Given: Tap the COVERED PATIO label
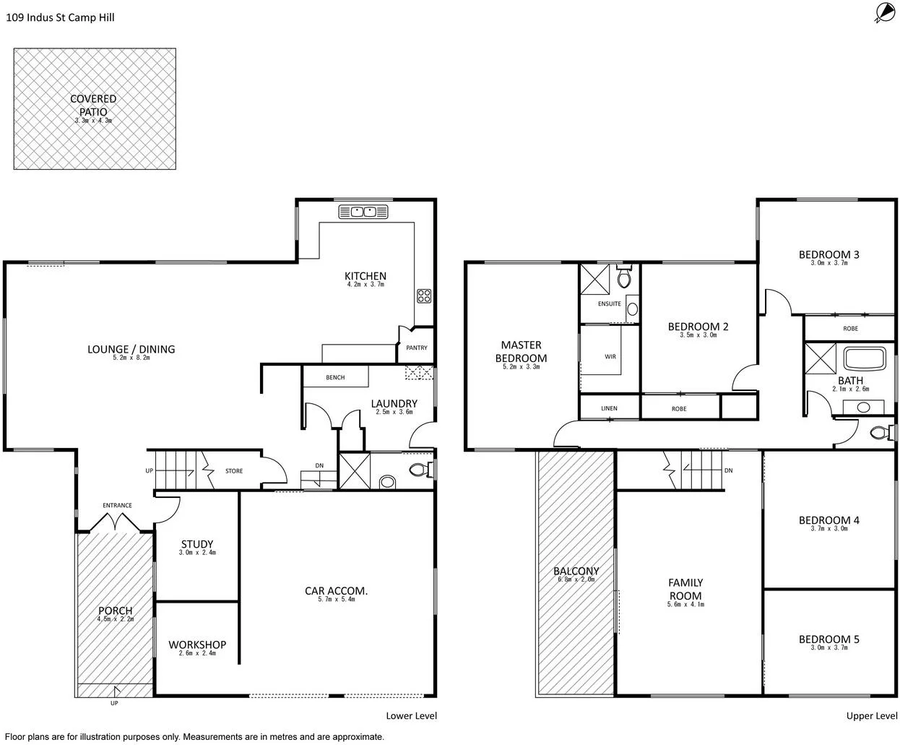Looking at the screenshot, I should (x=93, y=104).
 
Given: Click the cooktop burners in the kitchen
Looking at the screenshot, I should (x=424, y=295).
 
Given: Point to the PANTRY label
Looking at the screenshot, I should (x=417, y=348).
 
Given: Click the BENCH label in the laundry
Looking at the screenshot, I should (x=335, y=378).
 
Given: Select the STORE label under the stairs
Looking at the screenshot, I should (x=234, y=471).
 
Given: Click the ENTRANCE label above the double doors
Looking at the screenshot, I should (x=117, y=506).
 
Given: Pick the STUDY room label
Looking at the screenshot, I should (x=197, y=544).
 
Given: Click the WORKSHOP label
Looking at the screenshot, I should (x=197, y=645).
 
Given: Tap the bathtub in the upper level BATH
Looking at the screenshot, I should (x=864, y=359).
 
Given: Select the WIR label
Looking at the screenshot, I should (x=610, y=356).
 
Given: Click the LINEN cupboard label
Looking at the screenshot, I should (x=609, y=409).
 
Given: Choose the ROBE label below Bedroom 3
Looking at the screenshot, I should (x=850, y=329).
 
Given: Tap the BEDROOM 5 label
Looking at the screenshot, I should (x=828, y=640).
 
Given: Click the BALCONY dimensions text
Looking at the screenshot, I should (x=576, y=580).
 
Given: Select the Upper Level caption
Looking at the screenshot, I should (x=872, y=716).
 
